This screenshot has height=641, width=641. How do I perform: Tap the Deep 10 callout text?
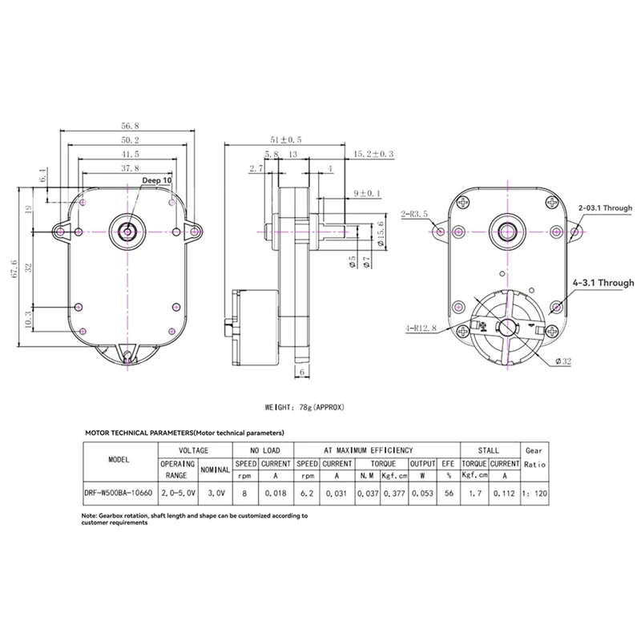click(157, 182)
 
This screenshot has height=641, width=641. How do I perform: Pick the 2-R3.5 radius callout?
click(415, 214)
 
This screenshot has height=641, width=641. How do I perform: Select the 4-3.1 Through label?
click(603, 283)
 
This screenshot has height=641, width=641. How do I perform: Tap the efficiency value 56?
click(446, 494)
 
